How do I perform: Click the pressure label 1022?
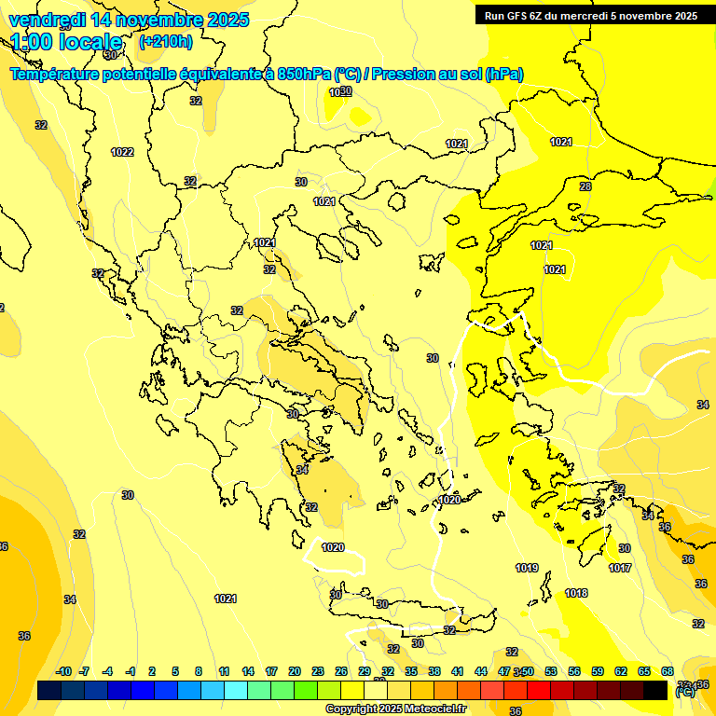click(x=122, y=152)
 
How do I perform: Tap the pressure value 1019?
click(x=527, y=568)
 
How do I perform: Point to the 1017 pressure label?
click(x=620, y=568)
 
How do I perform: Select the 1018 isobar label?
click(x=576, y=593)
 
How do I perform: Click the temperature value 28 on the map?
click(x=585, y=186)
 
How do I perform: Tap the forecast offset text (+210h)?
click(x=166, y=41)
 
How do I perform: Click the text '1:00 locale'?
click(x=67, y=42)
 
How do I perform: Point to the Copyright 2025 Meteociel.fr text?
click(x=395, y=709)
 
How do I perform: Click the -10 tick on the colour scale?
click(x=63, y=671)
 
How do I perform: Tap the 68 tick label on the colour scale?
click(x=668, y=671)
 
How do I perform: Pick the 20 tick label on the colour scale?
click(x=295, y=671)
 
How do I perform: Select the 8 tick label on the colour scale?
click(x=199, y=671)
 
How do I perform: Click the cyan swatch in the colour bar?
click(x=236, y=690)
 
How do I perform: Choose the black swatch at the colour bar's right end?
click(x=655, y=690)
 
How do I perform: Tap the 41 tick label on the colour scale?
click(x=458, y=671)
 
